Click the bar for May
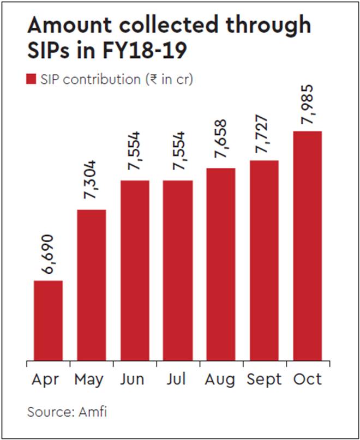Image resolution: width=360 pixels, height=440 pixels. pyautogui.click(x=91, y=285)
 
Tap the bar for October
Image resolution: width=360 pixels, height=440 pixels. pyautogui.click(x=307, y=246)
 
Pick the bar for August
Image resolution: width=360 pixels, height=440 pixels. pyautogui.click(x=221, y=264)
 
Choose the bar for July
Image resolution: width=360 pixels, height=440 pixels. pyautogui.click(x=178, y=270)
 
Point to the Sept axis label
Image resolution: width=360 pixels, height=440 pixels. pyautogui.click(x=264, y=379)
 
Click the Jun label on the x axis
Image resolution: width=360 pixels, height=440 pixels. pyautogui.click(x=134, y=379)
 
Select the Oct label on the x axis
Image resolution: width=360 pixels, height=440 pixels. pyautogui.click(x=307, y=379)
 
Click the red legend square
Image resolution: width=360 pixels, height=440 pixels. pyautogui.click(x=31, y=80)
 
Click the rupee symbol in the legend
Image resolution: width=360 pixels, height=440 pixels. pyautogui.click(x=151, y=80)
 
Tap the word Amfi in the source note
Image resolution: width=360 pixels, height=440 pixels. pyautogui.click(x=92, y=411)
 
